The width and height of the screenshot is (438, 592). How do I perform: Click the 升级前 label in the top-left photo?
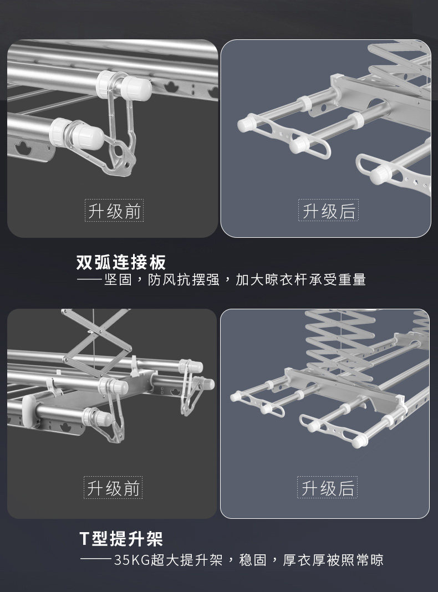click(x=114, y=211)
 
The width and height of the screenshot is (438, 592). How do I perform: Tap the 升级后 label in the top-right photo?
click(x=328, y=211)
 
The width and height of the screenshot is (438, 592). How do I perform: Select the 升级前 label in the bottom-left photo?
click(x=114, y=488)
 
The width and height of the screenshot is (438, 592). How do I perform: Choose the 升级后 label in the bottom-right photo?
click(x=327, y=488)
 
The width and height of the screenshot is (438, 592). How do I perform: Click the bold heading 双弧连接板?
click(x=121, y=262)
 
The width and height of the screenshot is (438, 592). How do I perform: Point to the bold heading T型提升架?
click(x=121, y=538)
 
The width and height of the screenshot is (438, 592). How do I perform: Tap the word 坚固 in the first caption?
click(x=118, y=280)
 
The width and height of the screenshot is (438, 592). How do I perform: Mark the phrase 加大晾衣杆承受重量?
click(x=301, y=280)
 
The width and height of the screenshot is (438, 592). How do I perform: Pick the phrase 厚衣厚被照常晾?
click(x=333, y=560)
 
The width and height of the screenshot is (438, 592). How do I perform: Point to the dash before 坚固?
click(x=89, y=280)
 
